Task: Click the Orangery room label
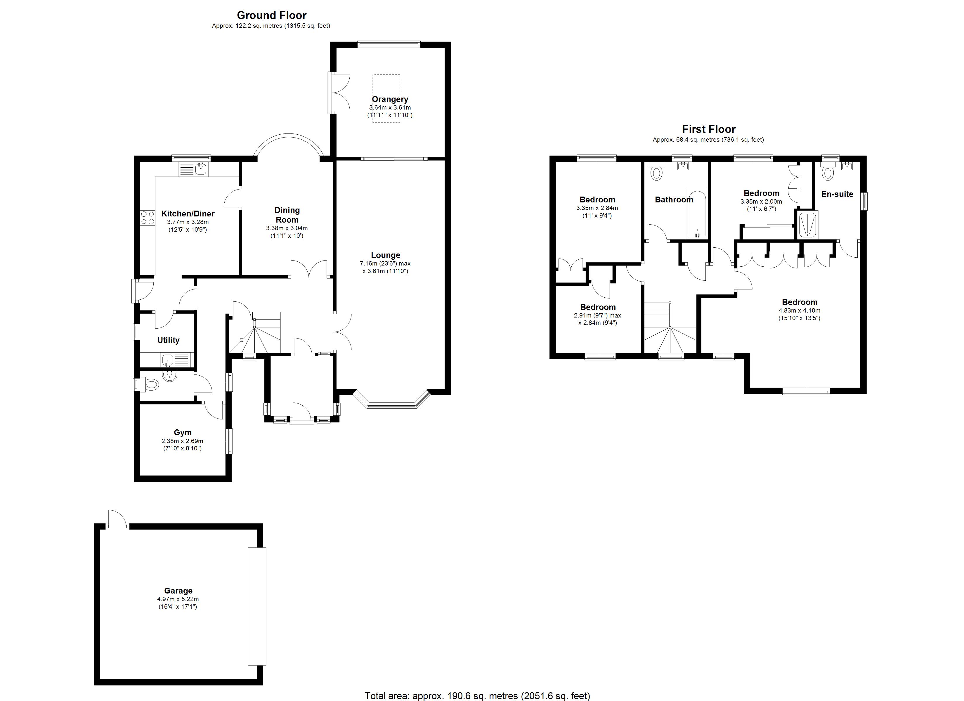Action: pyautogui.click(x=390, y=99)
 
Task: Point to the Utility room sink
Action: pyautogui.click(x=168, y=361)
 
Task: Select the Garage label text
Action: pyautogui.click(x=178, y=591)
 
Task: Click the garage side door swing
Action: pyautogui.click(x=117, y=519)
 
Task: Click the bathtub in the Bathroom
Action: pyautogui.click(x=697, y=215)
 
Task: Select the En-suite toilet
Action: pyautogui.click(x=827, y=172)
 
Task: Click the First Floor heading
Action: pyautogui.click(x=709, y=129)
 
